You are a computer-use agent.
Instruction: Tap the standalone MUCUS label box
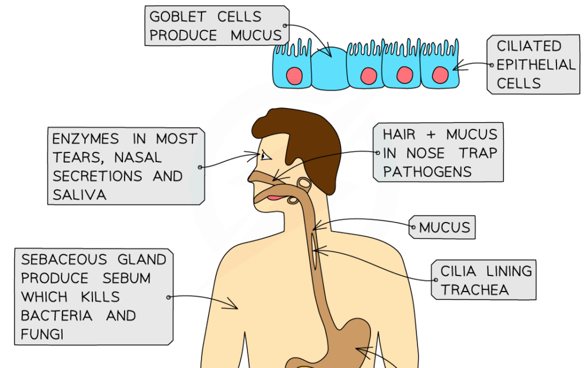point(444,228)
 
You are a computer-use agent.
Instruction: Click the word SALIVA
point(79,195)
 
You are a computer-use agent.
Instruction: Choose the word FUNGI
point(42,333)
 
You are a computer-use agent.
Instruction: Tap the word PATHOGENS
point(427,171)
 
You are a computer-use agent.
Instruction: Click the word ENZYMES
point(86,139)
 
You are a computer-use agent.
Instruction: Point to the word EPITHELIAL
point(536,64)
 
